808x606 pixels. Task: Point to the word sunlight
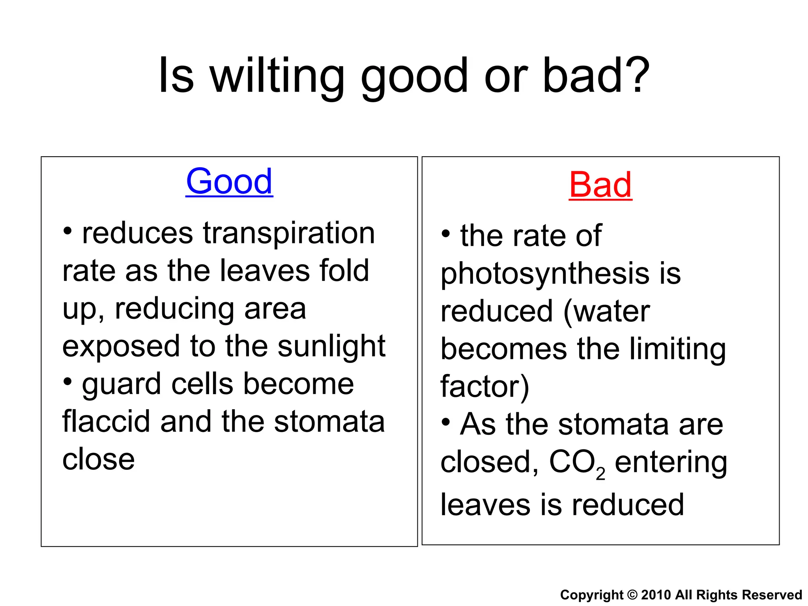(331, 346)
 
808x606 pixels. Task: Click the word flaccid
(106, 421)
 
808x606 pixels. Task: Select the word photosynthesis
(544, 274)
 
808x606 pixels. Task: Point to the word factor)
(484, 387)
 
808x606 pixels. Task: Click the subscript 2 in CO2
(600, 474)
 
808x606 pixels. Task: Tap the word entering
(671, 462)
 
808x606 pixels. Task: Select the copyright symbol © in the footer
(632, 595)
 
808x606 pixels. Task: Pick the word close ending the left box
(99, 459)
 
